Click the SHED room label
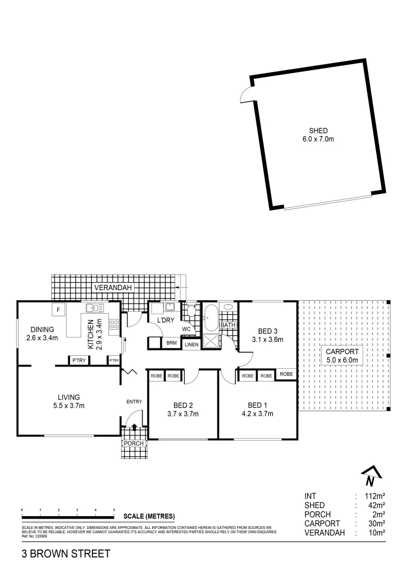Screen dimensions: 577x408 318,131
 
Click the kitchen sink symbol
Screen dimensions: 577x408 95,308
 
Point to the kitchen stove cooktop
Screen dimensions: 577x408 114,324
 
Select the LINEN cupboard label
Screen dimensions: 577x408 191,345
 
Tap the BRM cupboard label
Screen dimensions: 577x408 171,343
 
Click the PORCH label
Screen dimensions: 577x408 133,444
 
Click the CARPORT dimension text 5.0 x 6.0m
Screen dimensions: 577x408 342,361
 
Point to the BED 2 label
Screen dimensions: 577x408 183,405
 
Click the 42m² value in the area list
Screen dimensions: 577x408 375,505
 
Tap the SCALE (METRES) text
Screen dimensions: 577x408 149,516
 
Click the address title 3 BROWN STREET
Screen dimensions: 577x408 66,553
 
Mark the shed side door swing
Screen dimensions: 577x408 247,94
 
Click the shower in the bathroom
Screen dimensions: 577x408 210,340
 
